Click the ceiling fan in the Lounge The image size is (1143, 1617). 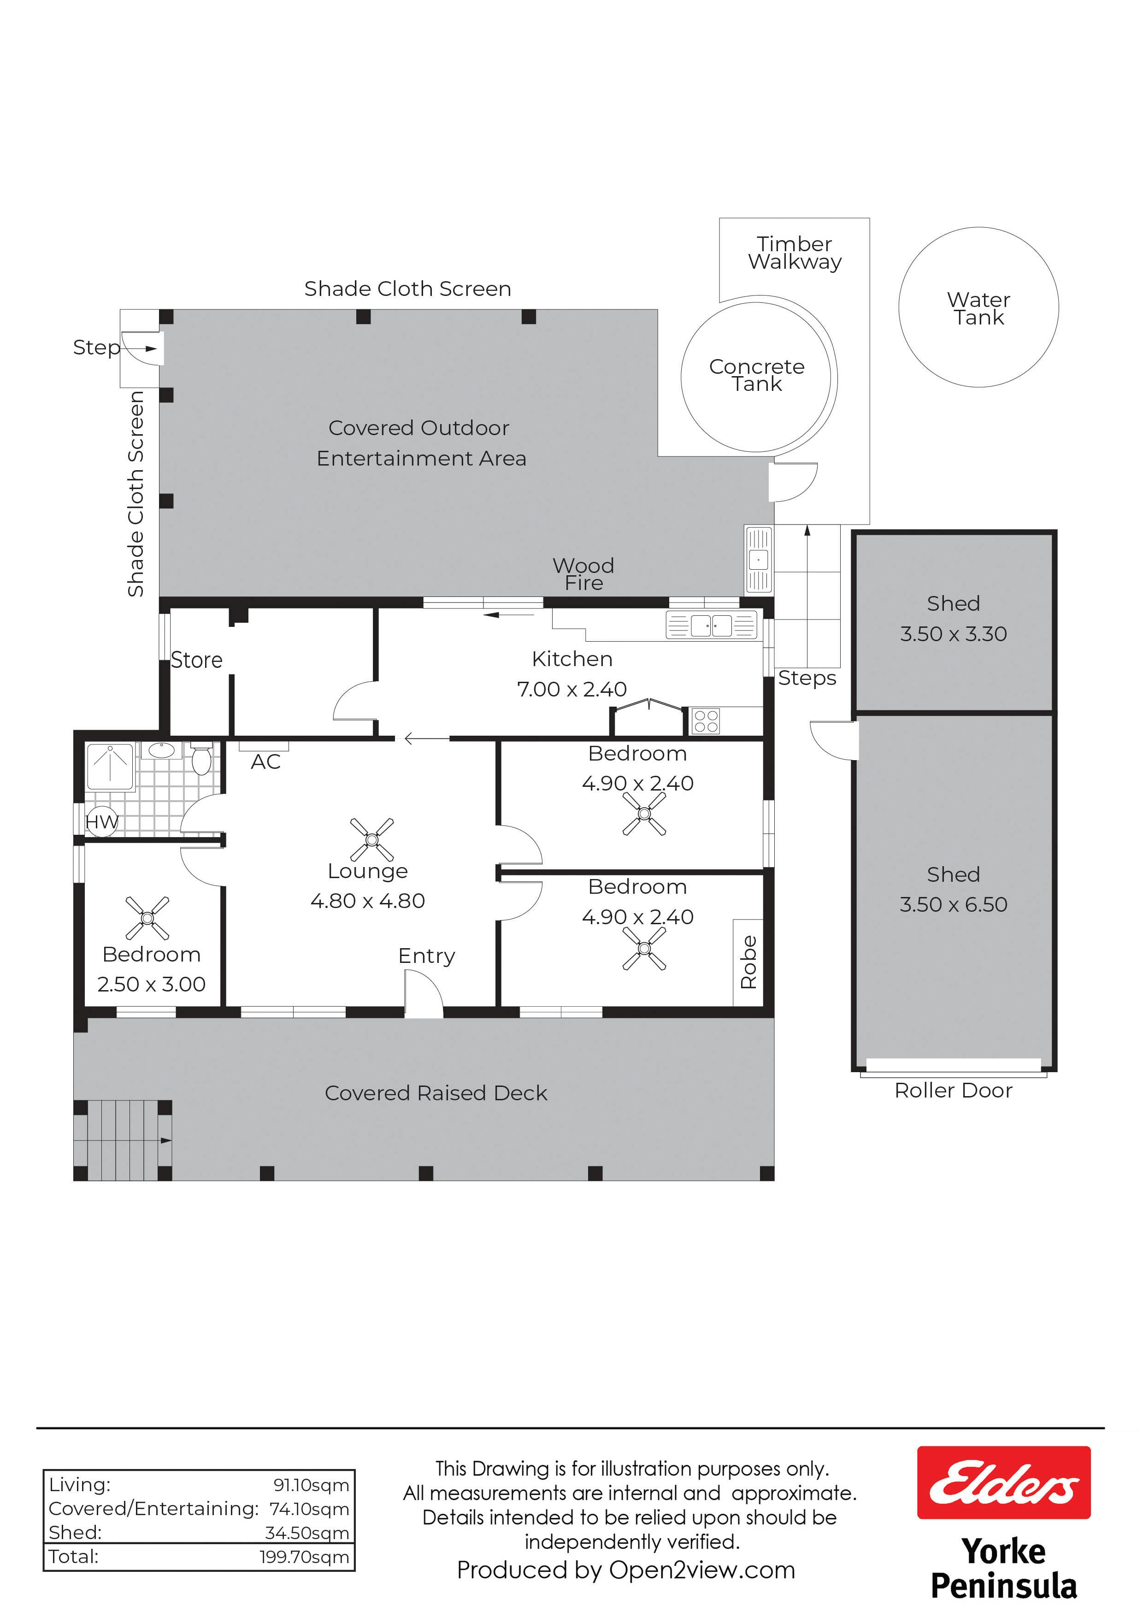[372, 839]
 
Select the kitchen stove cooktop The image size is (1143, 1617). [706, 720]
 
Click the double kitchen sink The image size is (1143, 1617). [711, 625]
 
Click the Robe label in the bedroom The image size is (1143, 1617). [748, 962]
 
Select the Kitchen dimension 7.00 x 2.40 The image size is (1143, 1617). [572, 689]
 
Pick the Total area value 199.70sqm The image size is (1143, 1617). [304, 1557]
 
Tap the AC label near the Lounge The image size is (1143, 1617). [265, 761]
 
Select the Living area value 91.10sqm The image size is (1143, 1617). [311, 1485]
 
